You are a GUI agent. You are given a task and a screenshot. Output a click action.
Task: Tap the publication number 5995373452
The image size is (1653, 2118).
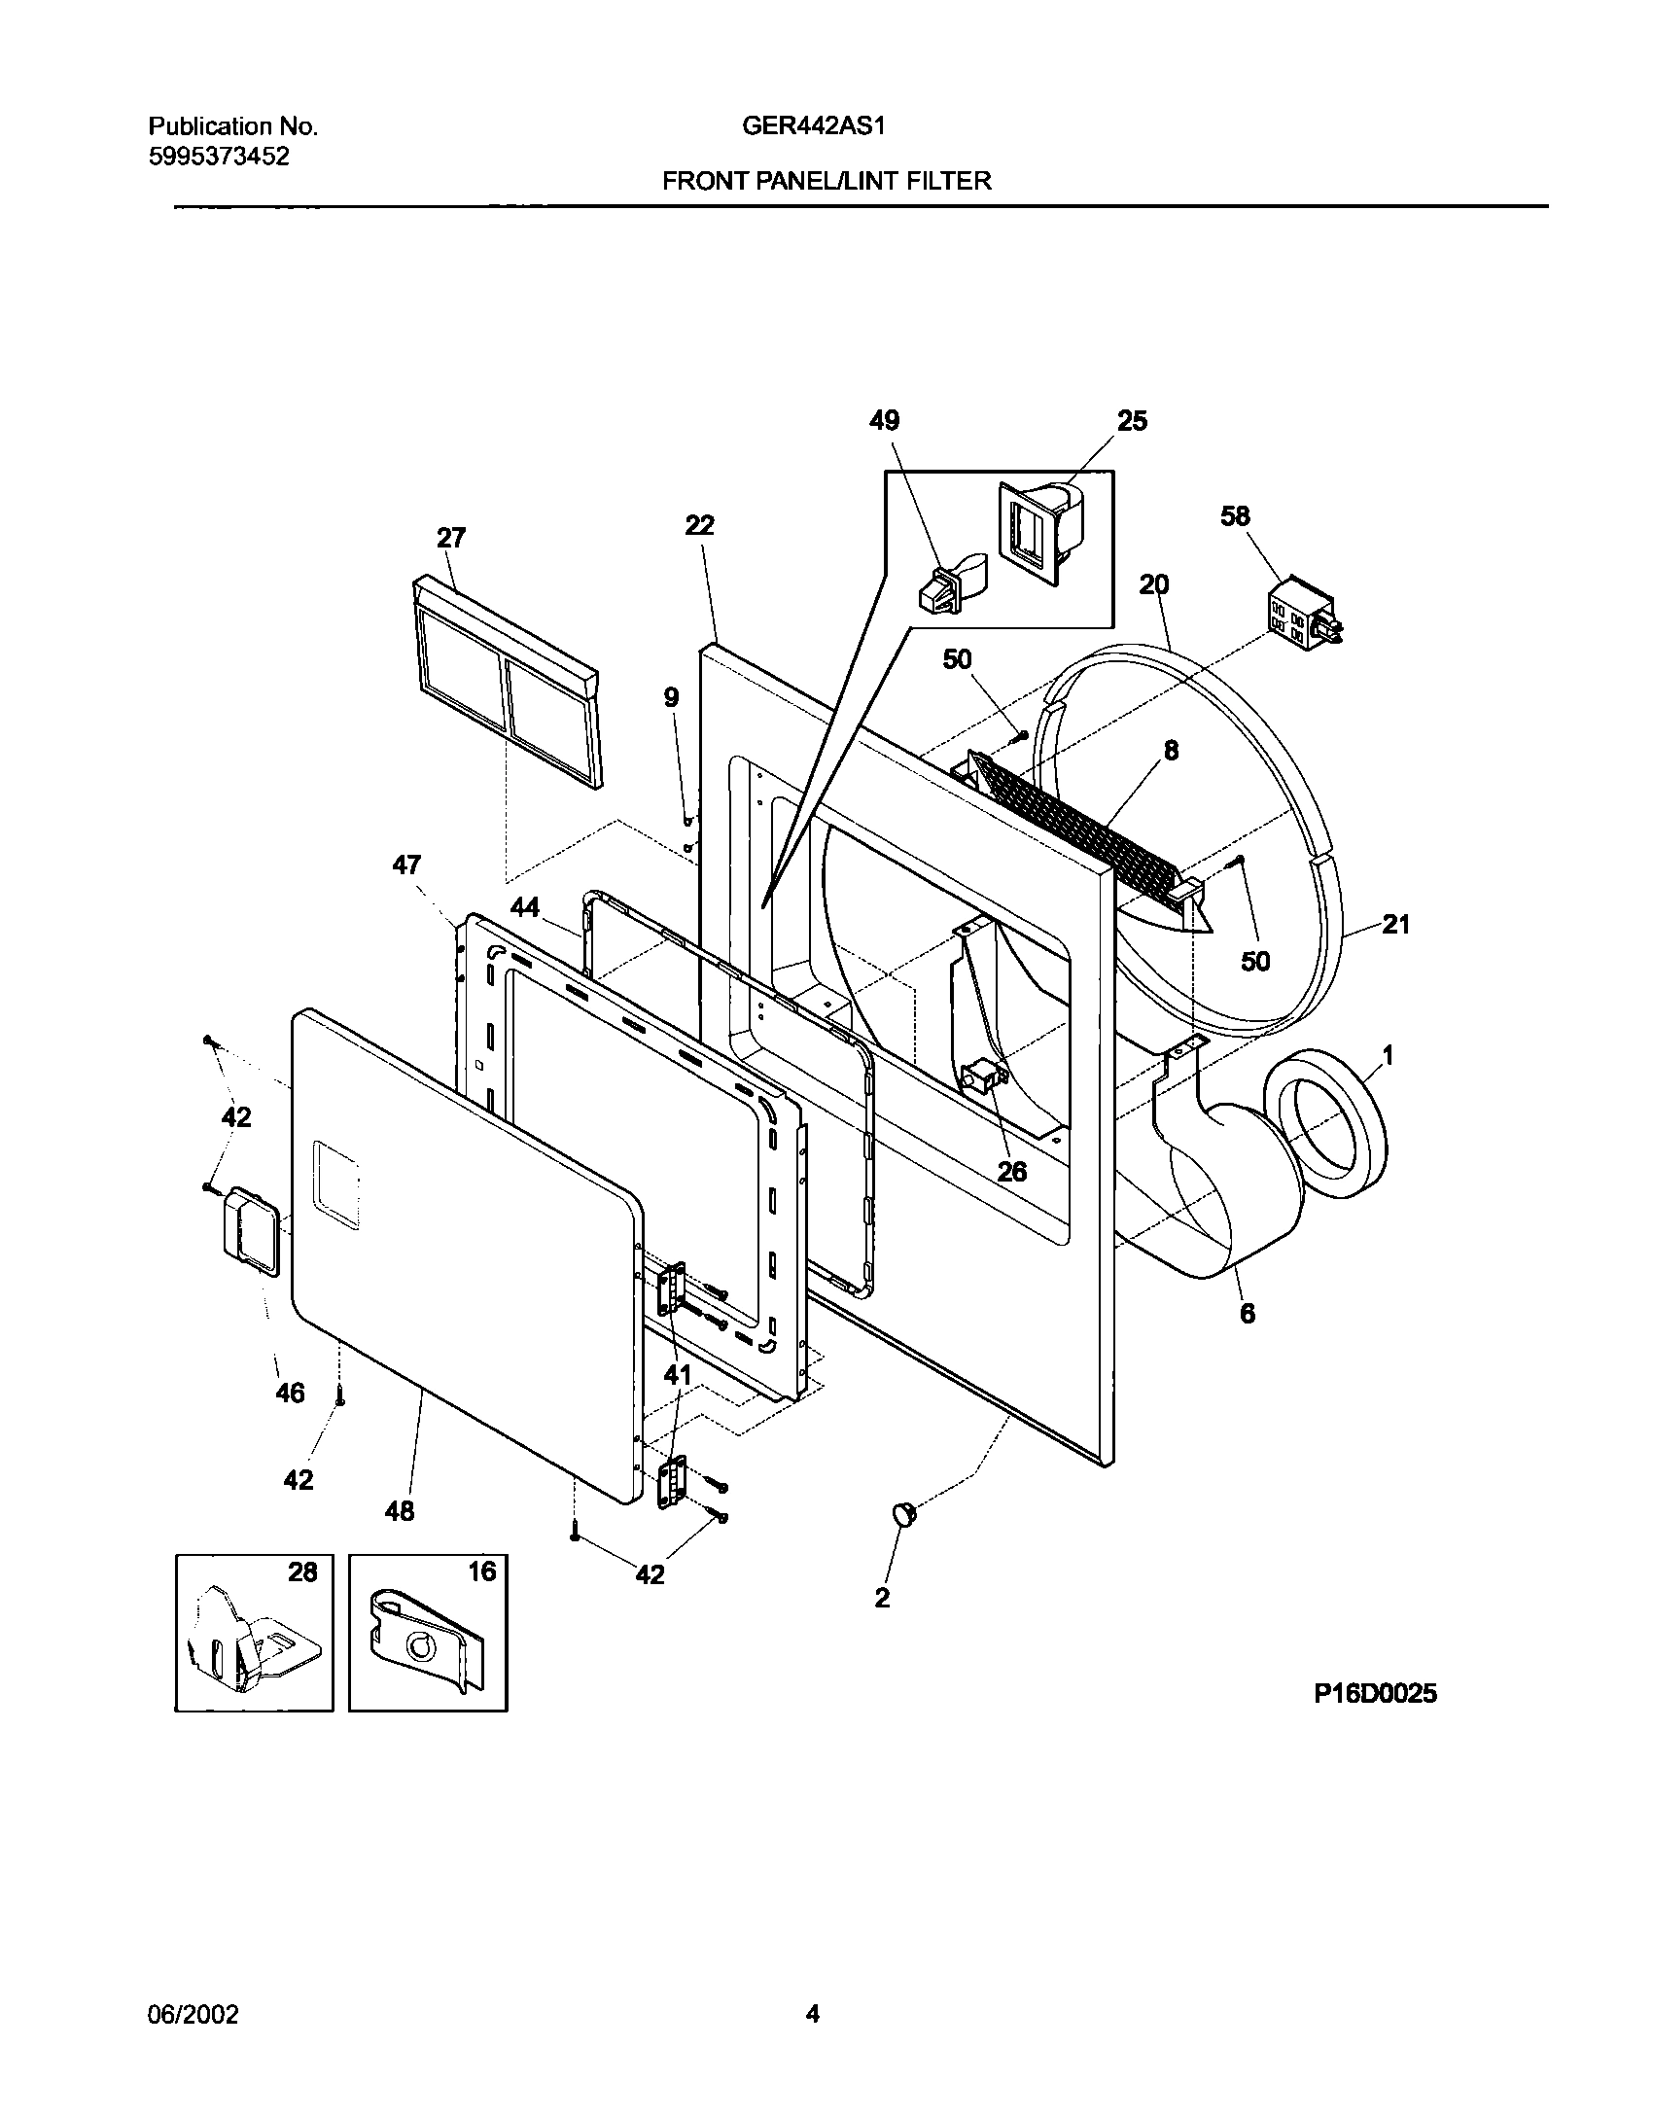coord(219,157)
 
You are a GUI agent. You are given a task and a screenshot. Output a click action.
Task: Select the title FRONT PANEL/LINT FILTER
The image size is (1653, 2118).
coord(826,181)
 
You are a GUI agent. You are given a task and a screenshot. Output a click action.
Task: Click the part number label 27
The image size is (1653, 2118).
coord(451,538)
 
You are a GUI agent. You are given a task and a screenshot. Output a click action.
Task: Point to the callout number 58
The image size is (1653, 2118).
coord(1235,515)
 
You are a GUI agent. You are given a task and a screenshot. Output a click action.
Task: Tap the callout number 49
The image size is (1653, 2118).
coord(884,420)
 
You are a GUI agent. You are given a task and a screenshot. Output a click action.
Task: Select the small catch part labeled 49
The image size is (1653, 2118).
coord(946,585)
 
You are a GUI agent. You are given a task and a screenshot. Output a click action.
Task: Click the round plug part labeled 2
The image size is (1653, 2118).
coord(904,1514)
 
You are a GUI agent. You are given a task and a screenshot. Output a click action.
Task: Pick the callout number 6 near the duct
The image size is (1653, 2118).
coord(1247,1314)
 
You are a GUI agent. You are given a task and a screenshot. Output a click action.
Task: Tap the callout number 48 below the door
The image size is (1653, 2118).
coord(400,1510)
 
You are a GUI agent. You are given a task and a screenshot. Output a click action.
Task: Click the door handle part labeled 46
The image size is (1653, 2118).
coord(251,1230)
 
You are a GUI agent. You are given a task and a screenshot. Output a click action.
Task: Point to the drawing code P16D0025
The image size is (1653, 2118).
coord(1375,1694)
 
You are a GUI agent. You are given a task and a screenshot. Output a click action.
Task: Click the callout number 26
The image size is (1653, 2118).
coord(1011,1172)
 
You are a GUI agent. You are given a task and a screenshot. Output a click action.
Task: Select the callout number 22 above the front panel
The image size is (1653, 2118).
coord(699,525)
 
